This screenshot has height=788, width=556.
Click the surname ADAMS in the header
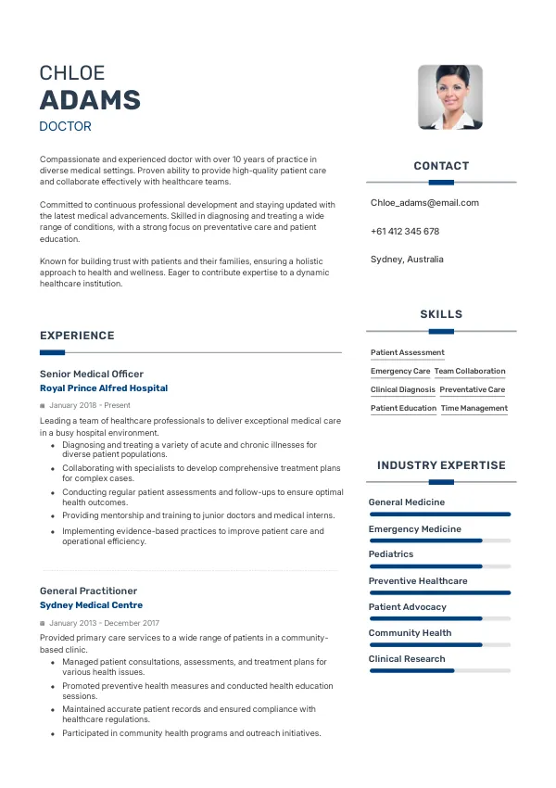[90, 100]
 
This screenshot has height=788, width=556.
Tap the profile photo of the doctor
[449, 97]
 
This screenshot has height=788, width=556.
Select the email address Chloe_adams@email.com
[424, 203]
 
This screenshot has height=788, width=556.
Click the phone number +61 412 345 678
[405, 232]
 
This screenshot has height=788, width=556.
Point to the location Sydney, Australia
[407, 260]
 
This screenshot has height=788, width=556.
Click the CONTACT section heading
[441, 166]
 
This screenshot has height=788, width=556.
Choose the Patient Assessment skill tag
[408, 353]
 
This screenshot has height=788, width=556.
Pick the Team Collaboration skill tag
[470, 372]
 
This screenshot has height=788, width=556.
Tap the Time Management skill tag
[474, 409]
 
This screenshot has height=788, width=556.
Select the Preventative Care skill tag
[473, 390]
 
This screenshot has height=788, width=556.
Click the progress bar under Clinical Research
[439, 670]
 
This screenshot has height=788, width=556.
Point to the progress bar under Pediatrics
[439, 566]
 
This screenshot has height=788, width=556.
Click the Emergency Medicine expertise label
[414, 528]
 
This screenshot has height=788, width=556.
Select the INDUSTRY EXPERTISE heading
[441, 465]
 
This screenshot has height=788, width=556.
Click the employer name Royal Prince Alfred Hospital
[104, 388]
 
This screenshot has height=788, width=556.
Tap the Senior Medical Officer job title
[91, 374]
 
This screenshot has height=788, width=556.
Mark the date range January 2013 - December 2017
[104, 623]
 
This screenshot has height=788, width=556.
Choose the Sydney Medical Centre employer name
[91, 605]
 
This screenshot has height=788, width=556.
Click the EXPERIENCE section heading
[77, 336]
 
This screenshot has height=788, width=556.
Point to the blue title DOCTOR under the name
[65, 126]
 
